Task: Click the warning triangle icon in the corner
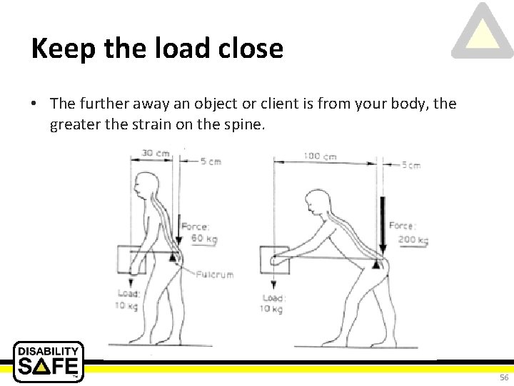[483, 32]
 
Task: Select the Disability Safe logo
[49, 361]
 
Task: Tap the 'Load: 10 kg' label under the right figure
[273, 303]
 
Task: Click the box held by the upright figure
[134, 259]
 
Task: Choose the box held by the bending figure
[274, 261]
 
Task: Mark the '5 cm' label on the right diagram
[409, 165]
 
